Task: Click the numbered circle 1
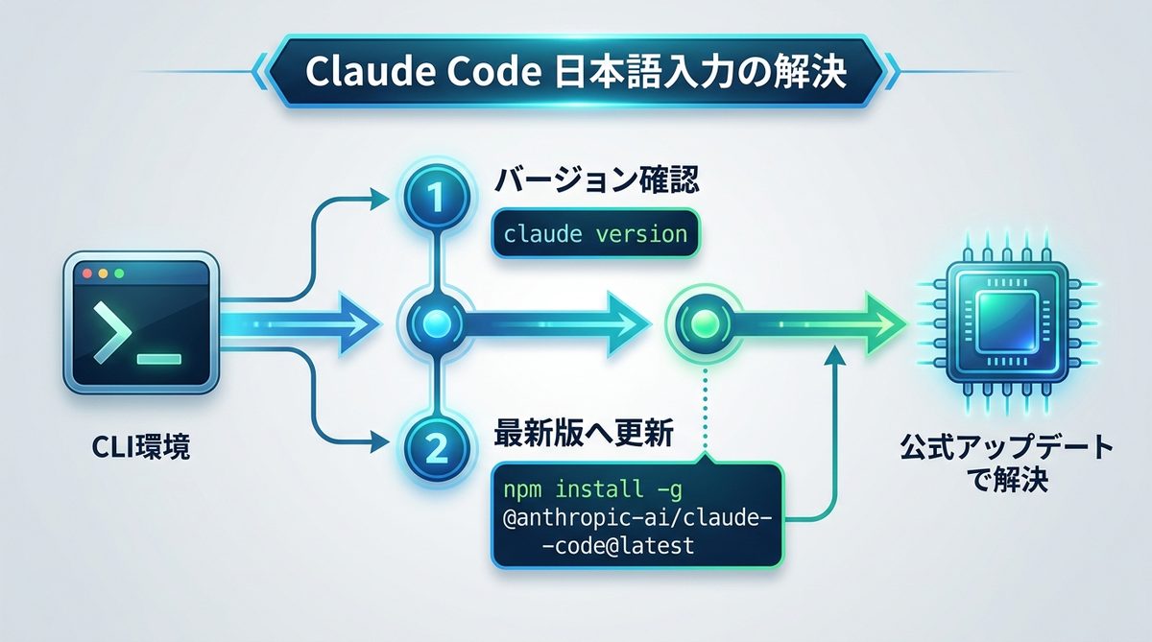436,199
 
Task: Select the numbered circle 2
436,444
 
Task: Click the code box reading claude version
595,233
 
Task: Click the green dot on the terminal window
119,273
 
